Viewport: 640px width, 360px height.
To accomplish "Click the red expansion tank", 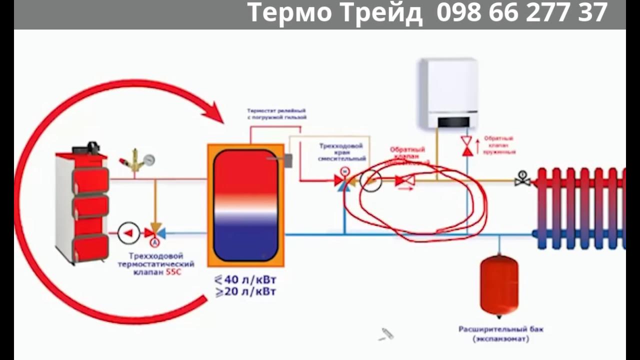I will tap(499, 285).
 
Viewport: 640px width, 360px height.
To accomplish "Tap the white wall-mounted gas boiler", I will tap(448, 92).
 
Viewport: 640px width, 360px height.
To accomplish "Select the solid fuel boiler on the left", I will tap(82, 205).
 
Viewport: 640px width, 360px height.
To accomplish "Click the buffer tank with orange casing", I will tap(245, 205).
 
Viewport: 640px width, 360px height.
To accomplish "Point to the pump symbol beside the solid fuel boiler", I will tap(128, 232).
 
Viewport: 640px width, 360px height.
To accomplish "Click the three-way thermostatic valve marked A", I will tap(154, 233).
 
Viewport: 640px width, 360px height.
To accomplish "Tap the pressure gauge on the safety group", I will tap(148, 160).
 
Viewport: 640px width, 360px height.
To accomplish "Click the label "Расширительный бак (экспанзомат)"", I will tap(500, 334).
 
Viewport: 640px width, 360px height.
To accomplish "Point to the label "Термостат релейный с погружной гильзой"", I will tap(276, 113).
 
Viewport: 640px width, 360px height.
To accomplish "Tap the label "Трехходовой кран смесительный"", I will tap(342, 152).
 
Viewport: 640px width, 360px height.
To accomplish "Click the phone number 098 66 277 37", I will tap(522, 13).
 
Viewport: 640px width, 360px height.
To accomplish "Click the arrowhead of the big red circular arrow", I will tap(214, 112).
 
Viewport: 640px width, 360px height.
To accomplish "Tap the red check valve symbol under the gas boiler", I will tap(467, 145).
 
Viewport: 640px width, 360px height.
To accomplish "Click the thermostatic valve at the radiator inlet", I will tap(522, 179).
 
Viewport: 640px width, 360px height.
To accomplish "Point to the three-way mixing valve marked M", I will tap(344, 181).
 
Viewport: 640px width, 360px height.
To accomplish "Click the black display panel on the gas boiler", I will tap(453, 122).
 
